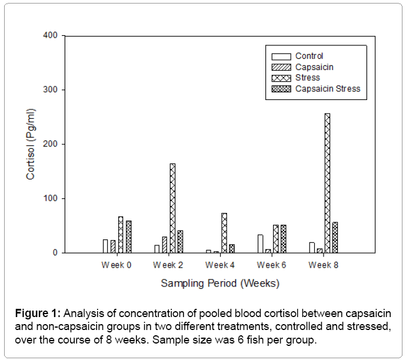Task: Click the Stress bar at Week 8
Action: [327, 183]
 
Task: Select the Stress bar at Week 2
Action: [172, 208]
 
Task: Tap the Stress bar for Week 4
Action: [224, 233]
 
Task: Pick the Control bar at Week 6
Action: [261, 244]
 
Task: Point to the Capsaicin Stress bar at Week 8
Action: [335, 238]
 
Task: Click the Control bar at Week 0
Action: [105, 246]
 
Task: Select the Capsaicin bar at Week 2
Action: [165, 245]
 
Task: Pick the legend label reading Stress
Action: [307, 78]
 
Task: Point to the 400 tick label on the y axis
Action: [51, 36]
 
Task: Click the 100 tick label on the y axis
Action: [51, 199]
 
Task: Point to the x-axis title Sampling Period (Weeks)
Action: [220, 284]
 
